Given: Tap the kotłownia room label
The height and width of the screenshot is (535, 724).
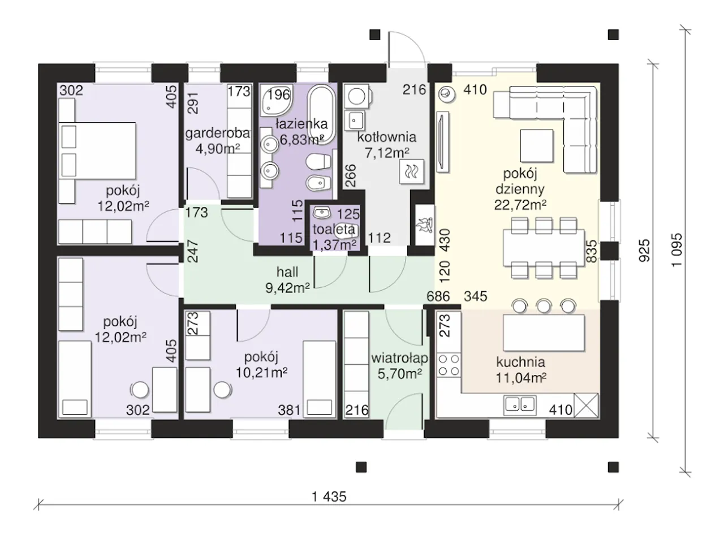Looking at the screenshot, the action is (x=387, y=137).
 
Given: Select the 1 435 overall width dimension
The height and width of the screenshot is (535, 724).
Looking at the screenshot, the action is (x=329, y=497).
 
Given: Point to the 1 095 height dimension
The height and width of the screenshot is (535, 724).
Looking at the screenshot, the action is (x=676, y=250).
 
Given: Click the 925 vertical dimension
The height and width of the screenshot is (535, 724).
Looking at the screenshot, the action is (x=644, y=251).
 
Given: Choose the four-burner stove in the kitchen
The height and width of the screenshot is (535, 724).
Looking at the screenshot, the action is (x=449, y=365).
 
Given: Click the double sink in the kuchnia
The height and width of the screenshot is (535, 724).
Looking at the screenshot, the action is (x=520, y=405).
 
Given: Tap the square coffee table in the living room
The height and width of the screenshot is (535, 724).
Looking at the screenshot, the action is (x=537, y=145).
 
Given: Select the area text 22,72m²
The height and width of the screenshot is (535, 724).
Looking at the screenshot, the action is (x=520, y=205).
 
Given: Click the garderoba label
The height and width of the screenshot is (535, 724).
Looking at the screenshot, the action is (x=218, y=133).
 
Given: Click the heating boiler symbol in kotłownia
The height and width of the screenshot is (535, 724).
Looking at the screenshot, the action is (x=412, y=171).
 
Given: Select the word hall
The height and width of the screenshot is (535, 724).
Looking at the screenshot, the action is (x=287, y=271).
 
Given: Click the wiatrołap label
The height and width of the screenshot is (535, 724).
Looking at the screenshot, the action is (x=399, y=358).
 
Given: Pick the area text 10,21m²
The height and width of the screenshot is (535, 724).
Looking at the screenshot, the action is (x=261, y=373).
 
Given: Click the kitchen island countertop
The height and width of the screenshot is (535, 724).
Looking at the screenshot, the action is (x=544, y=333).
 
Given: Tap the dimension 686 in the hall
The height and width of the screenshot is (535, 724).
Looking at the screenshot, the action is (x=438, y=296).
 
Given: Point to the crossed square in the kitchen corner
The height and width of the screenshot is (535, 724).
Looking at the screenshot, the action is (x=586, y=405).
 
